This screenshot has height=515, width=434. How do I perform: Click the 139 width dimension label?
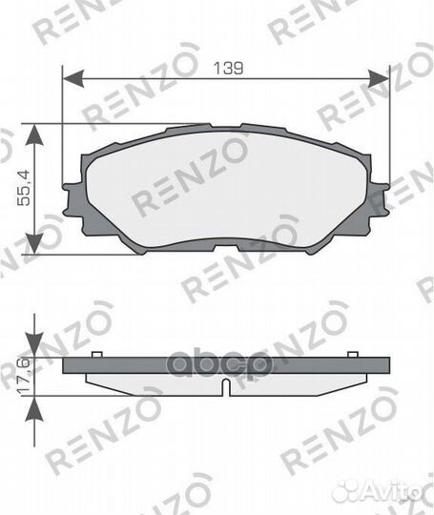click(x=228, y=68)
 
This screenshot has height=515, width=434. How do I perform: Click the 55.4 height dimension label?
click(x=24, y=188)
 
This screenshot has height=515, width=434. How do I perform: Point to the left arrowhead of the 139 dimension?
click(x=73, y=78)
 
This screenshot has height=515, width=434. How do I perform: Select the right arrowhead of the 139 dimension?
click(x=378, y=78)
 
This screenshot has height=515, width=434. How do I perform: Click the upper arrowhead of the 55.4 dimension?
click(x=34, y=134)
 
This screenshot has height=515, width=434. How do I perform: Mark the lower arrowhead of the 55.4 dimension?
click(x=34, y=243)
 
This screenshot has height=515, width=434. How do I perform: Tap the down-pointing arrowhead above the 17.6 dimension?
click(x=34, y=345)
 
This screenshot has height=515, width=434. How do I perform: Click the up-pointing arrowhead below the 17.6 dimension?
click(x=34, y=408)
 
